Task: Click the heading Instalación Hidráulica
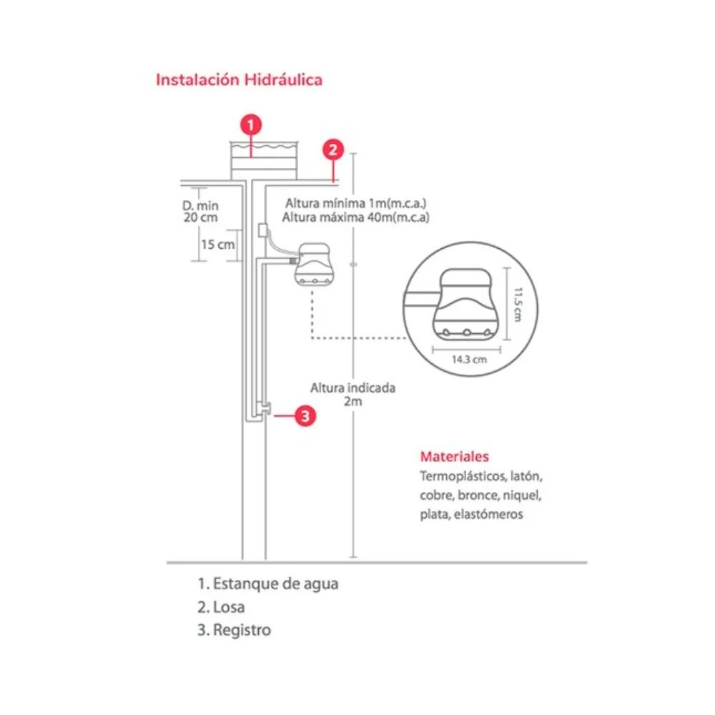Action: coord(239,79)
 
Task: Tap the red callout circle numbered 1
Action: coord(250,125)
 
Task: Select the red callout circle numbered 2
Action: coord(332,149)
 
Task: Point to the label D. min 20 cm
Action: coord(199,211)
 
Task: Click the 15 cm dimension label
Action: coord(217,245)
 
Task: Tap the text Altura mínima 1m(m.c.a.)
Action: coord(356,203)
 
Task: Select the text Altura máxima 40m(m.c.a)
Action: coord(356,217)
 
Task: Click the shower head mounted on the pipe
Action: coord(315,266)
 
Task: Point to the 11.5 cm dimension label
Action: coord(518,305)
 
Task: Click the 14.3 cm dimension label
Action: coord(469,360)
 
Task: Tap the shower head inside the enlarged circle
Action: coord(465,304)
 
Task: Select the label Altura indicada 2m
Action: coord(352,395)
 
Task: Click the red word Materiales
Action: coord(454,456)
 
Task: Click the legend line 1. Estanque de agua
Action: coord(268,583)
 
